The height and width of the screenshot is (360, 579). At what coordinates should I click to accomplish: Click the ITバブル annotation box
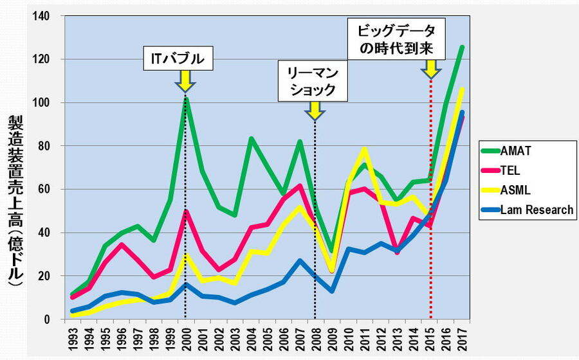(x=178, y=59)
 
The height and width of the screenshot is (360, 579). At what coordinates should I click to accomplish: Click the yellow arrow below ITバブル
(x=185, y=80)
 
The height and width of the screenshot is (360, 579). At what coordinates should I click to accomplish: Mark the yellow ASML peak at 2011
(x=364, y=149)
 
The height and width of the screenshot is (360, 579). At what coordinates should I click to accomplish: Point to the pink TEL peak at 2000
(x=185, y=211)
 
